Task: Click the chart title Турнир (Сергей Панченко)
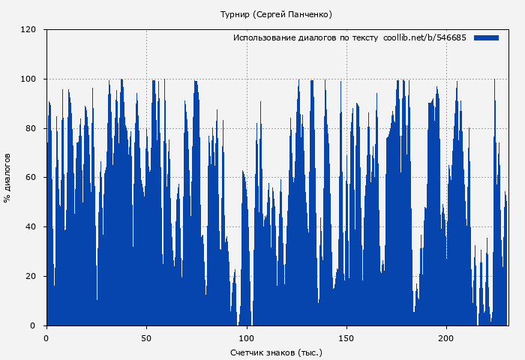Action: [x=276, y=14]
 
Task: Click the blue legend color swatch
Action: [x=486, y=37]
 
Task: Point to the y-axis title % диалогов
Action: [x=7, y=178]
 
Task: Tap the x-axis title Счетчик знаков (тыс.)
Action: [x=276, y=352]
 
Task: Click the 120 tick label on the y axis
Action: [x=28, y=30]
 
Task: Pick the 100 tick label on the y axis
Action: [x=28, y=79]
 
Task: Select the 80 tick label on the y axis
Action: [x=31, y=128]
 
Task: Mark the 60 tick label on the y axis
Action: [x=31, y=178]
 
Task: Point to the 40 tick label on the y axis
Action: [x=31, y=227]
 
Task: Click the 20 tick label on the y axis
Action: [x=31, y=276]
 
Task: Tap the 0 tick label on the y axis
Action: [x=33, y=325]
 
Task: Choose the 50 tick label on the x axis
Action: [x=146, y=338]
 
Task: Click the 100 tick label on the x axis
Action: [x=246, y=338]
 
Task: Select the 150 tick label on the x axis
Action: [x=346, y=338]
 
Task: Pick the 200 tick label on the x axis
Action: [x=446, y=338]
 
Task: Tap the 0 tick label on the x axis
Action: [x=46, y=338]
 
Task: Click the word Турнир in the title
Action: [x=235, y=14]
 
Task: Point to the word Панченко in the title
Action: [x=310, y=14]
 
